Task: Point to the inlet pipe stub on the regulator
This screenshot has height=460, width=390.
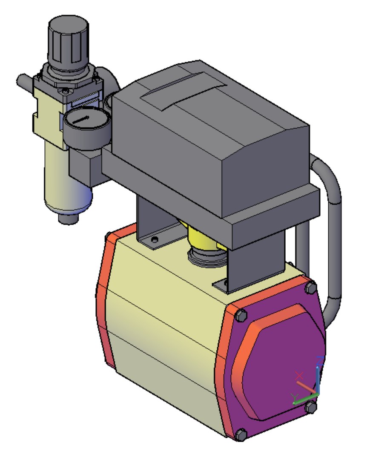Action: tap(25, 81)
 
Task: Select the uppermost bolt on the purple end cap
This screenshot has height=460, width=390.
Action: tap(310, 288)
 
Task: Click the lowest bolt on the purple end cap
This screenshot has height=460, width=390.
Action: tap(241, 435)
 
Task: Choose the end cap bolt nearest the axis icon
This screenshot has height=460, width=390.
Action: tap(311, 408)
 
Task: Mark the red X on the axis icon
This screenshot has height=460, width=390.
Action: tap(299, 375)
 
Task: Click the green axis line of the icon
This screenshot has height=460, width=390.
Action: tap(303, 400)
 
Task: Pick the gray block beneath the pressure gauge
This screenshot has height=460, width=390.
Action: tap(85, 168)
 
